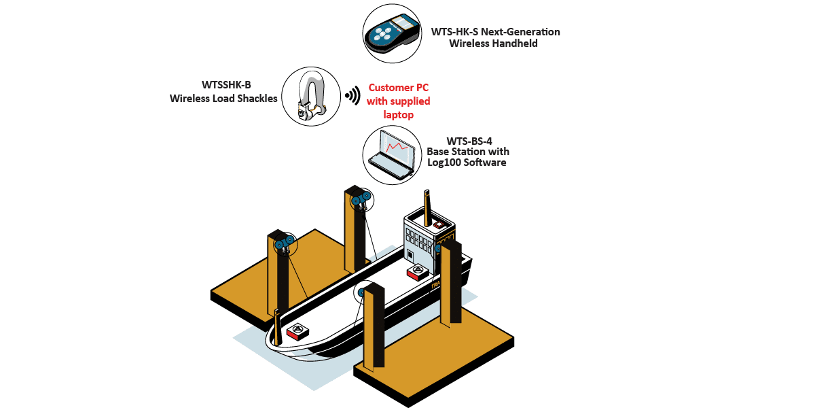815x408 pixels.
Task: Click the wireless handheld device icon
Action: tap(393, 33)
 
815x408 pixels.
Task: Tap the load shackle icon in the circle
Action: tap(310, 97)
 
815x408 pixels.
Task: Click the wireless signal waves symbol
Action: tap(352, 95)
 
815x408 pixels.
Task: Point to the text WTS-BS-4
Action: tap(469, 141)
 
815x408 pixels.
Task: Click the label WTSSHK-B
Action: tap(226, 85)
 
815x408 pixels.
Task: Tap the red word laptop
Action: tap(399, 115)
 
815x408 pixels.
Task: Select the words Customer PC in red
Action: tap(399, 88)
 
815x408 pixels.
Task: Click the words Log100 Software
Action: tap(467, 163)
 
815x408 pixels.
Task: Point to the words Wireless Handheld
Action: tap(493, 44)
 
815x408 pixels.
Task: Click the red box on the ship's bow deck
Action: tap(297, 332)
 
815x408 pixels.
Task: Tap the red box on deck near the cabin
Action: tap(418, 272)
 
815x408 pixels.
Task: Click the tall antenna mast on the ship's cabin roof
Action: tap(427, 208)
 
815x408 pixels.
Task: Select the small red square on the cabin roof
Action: tap(439, 224)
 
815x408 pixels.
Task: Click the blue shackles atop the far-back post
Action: tap(361, 199)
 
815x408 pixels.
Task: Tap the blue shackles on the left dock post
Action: tap(284, 243)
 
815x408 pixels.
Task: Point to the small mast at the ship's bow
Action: tap(278, 327)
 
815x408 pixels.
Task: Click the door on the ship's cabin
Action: tap(410, 255)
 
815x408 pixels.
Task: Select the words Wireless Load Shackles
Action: tap(223, 99)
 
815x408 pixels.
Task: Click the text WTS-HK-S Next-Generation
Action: tap(496, 32)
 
